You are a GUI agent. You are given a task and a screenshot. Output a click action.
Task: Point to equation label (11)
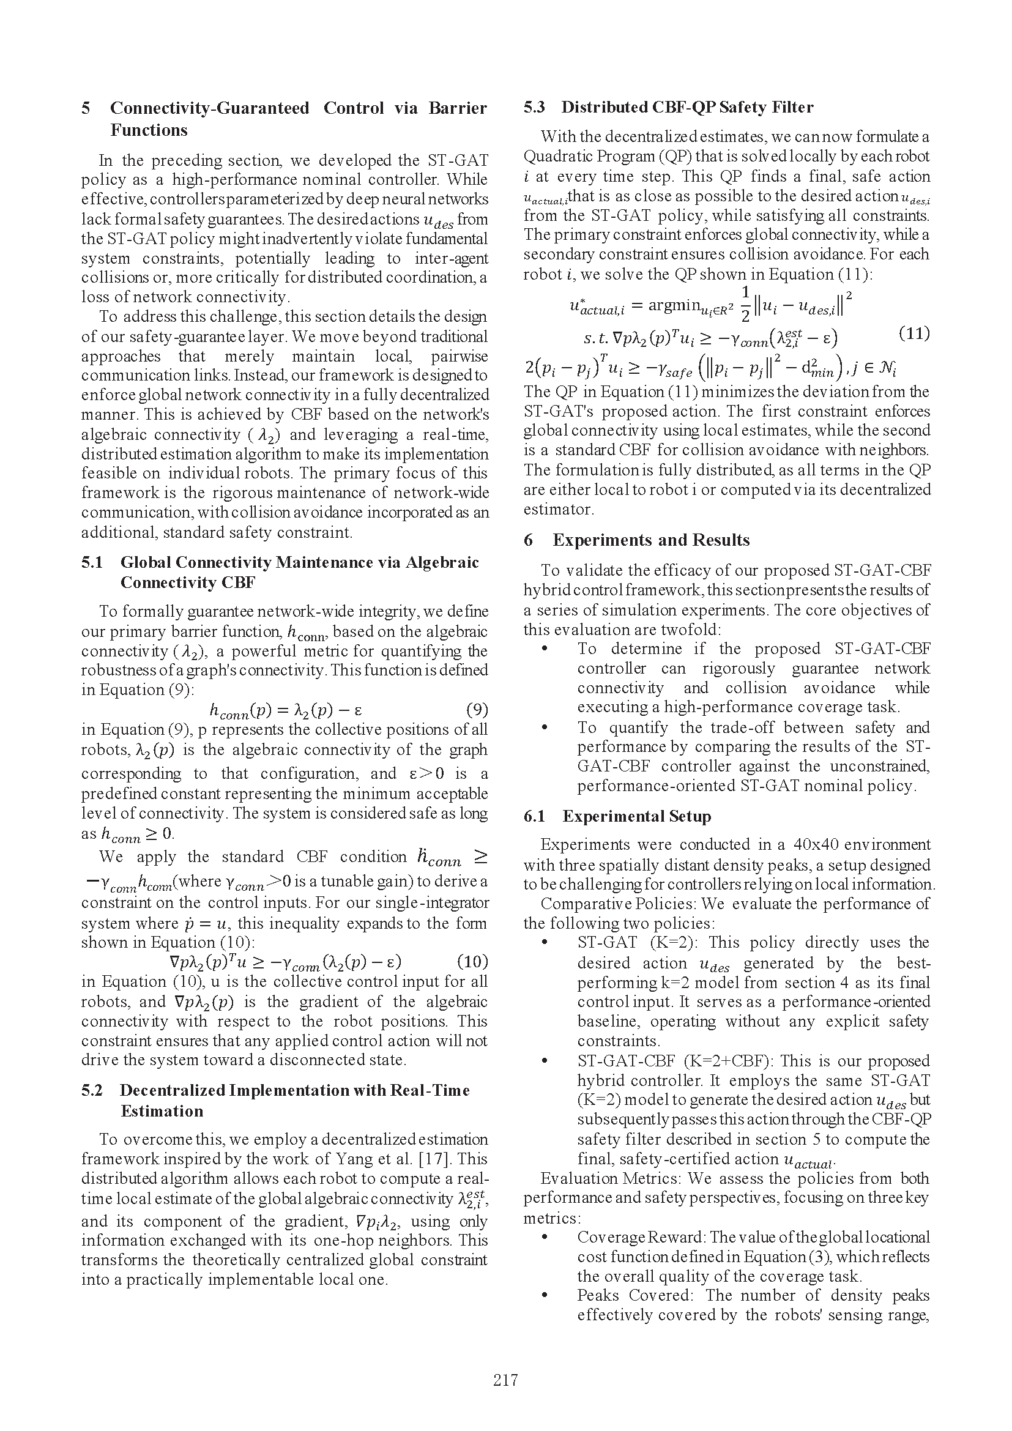pos(914,333)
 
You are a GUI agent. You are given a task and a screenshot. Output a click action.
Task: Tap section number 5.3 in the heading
pos(534,107)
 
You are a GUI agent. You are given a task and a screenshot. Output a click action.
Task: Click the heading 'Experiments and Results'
pos(651,540)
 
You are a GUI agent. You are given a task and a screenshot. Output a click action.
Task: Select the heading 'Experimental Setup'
pos(636,817)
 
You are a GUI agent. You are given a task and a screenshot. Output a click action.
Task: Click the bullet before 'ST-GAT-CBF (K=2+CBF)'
pos(545,1061)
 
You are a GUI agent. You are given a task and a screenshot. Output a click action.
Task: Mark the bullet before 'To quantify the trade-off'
pos(545,728)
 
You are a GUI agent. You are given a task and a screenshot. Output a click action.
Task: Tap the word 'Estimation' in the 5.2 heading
pos(162,1110)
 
